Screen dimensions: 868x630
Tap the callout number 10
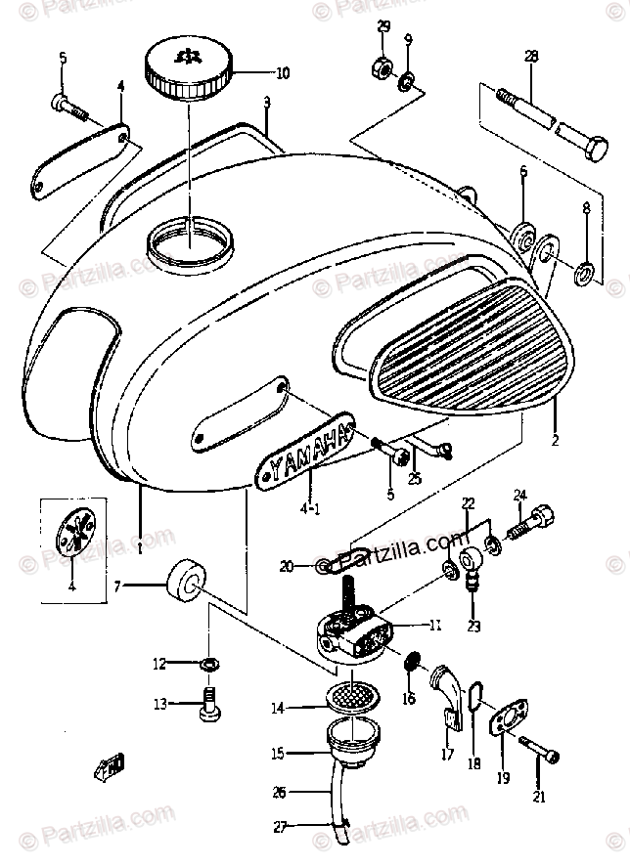[283, 72]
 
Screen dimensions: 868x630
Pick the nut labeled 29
[382, 70]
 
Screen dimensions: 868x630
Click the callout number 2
[554, 441]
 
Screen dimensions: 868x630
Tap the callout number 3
[266, 102]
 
